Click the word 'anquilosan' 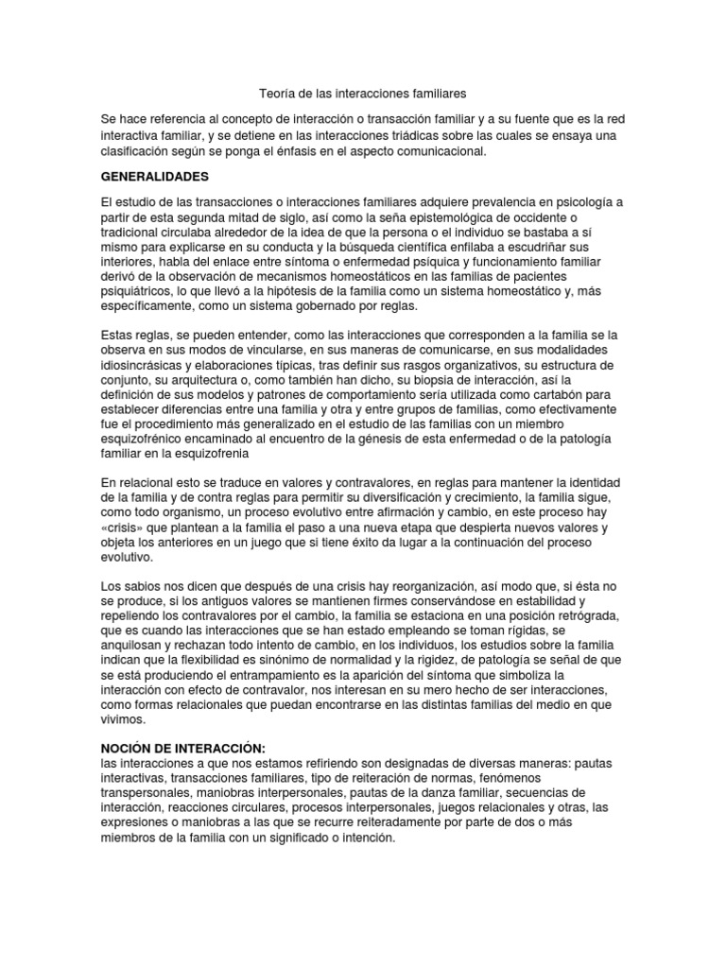pos(135,647)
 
